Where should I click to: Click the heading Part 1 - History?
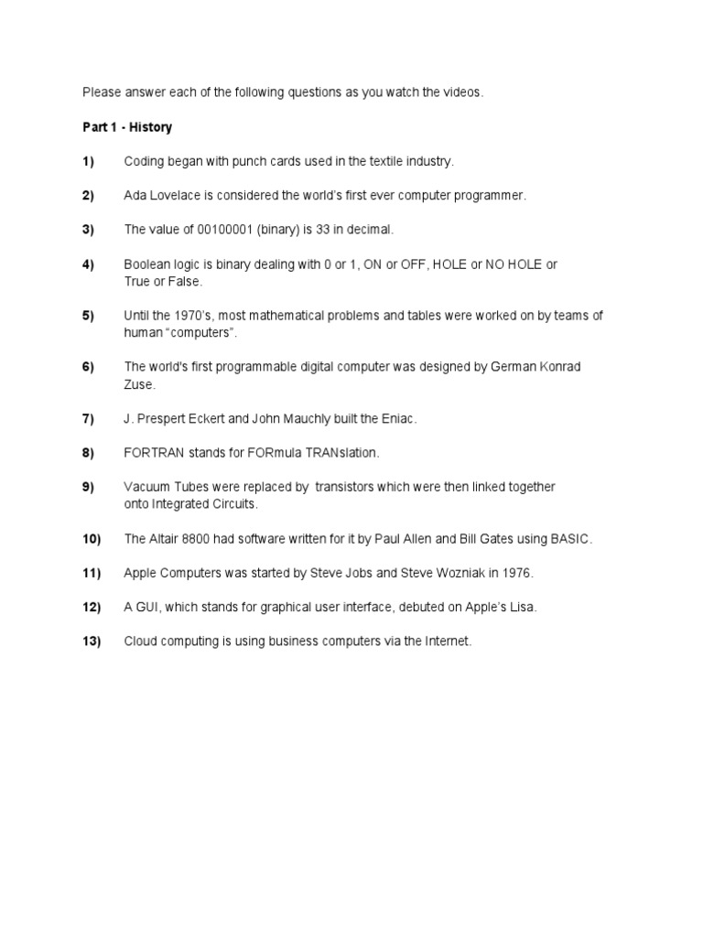[x=127, y=127]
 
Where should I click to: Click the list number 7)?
[x=88, y=418]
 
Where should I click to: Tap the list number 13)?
[x=91, y=641]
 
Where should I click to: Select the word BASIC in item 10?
[x=571, y=539]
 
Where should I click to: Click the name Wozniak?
[x=437, y=573]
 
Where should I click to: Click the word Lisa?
[x=522, y=608]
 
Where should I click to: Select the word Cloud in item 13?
[x=142, y=641]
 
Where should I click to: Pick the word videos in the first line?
[x=461, y=92]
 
